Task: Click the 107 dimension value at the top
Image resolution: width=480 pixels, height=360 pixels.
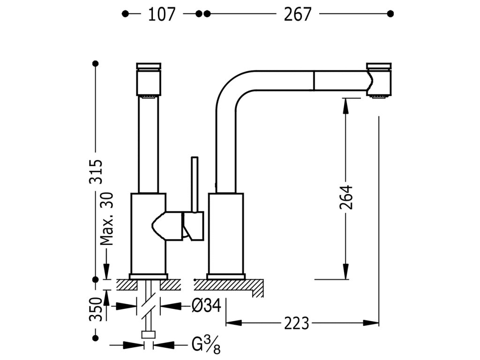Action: pos(162,15)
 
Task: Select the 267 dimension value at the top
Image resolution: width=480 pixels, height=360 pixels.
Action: pos(298,15)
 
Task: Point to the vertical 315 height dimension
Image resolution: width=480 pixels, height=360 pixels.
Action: pos(96,172)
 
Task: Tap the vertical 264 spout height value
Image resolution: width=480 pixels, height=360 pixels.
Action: pos(346,197)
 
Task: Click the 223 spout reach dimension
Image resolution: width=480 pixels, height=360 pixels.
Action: pos(297,323)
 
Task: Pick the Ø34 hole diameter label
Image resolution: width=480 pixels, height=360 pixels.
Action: pos(207,305)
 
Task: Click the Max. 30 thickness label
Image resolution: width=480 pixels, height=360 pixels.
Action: pos(107,219)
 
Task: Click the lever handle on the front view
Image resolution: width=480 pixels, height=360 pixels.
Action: pos(178,225)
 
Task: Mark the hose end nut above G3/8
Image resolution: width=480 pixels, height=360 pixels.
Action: pos(149,335)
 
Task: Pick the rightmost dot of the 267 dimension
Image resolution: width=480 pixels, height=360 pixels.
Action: pos(390,14)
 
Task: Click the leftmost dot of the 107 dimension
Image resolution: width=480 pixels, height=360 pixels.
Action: pos(125,14)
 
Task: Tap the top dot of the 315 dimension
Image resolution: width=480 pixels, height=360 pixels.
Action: pos(96,64)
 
